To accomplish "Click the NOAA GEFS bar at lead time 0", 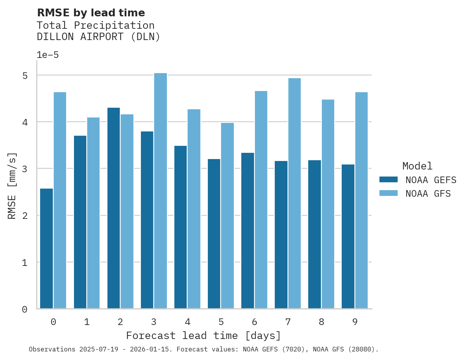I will click(47, 249).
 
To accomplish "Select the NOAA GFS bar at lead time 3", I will click(160, 191).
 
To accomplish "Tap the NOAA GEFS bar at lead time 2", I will click(114, 208).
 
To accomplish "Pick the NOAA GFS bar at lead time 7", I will click(294, 193).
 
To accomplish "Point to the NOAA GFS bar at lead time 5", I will click(227, 216).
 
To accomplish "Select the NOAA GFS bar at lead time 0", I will click(60, 200).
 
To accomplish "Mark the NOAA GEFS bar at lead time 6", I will click(247, 231).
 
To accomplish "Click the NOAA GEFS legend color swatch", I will click(388, 180).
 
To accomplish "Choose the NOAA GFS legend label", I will click(428, 194).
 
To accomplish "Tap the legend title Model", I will click(417, 166).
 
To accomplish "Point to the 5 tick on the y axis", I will click(25, 75).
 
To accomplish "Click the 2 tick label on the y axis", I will click(25, 216).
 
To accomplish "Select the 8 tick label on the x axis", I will click(321, 322).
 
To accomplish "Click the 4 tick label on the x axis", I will click(187, 322).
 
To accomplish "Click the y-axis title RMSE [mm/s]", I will click(12, 185).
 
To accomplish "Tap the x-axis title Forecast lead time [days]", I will click(203, 336).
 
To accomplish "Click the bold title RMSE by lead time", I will click(91, 13).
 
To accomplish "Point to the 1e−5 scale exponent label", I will click(47, 55).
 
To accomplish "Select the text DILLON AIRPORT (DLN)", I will click(98, 37).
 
